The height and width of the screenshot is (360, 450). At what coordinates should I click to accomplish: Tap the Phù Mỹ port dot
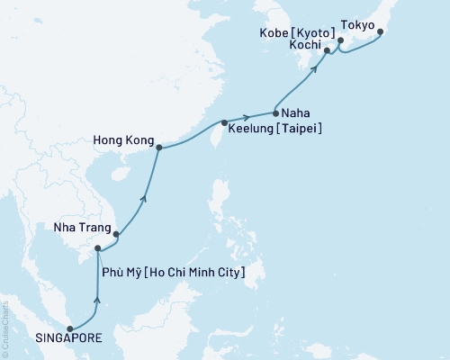pyautogui.click(x=98, y=248)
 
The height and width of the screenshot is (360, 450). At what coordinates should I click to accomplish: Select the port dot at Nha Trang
pyautogui.click(x=116, y=234)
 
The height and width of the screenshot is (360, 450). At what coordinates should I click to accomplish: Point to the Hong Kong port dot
pyautogui.click(x=158, y=148)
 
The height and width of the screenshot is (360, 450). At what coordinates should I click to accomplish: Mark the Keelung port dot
pyautogui.click(x=224, y=122)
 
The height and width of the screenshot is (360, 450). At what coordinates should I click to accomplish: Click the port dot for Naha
pyautogui.click(x=274, y=113)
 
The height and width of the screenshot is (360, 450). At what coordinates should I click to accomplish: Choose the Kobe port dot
pyautogui.click(x=339, y=40)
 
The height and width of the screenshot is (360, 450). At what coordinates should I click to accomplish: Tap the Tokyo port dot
pyautogui.click(x=379, y=32)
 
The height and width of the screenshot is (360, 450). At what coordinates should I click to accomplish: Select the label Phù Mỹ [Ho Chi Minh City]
pyautogui.click(x=178, y=271)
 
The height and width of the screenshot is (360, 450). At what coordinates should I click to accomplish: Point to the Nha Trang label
pyautogui.click(x=75, y=229)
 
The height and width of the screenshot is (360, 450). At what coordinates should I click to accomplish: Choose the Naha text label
pyautogui.click(x=299, y=113)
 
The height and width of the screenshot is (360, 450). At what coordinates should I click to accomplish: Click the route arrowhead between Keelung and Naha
pyautogui.click(x=247, y=118)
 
